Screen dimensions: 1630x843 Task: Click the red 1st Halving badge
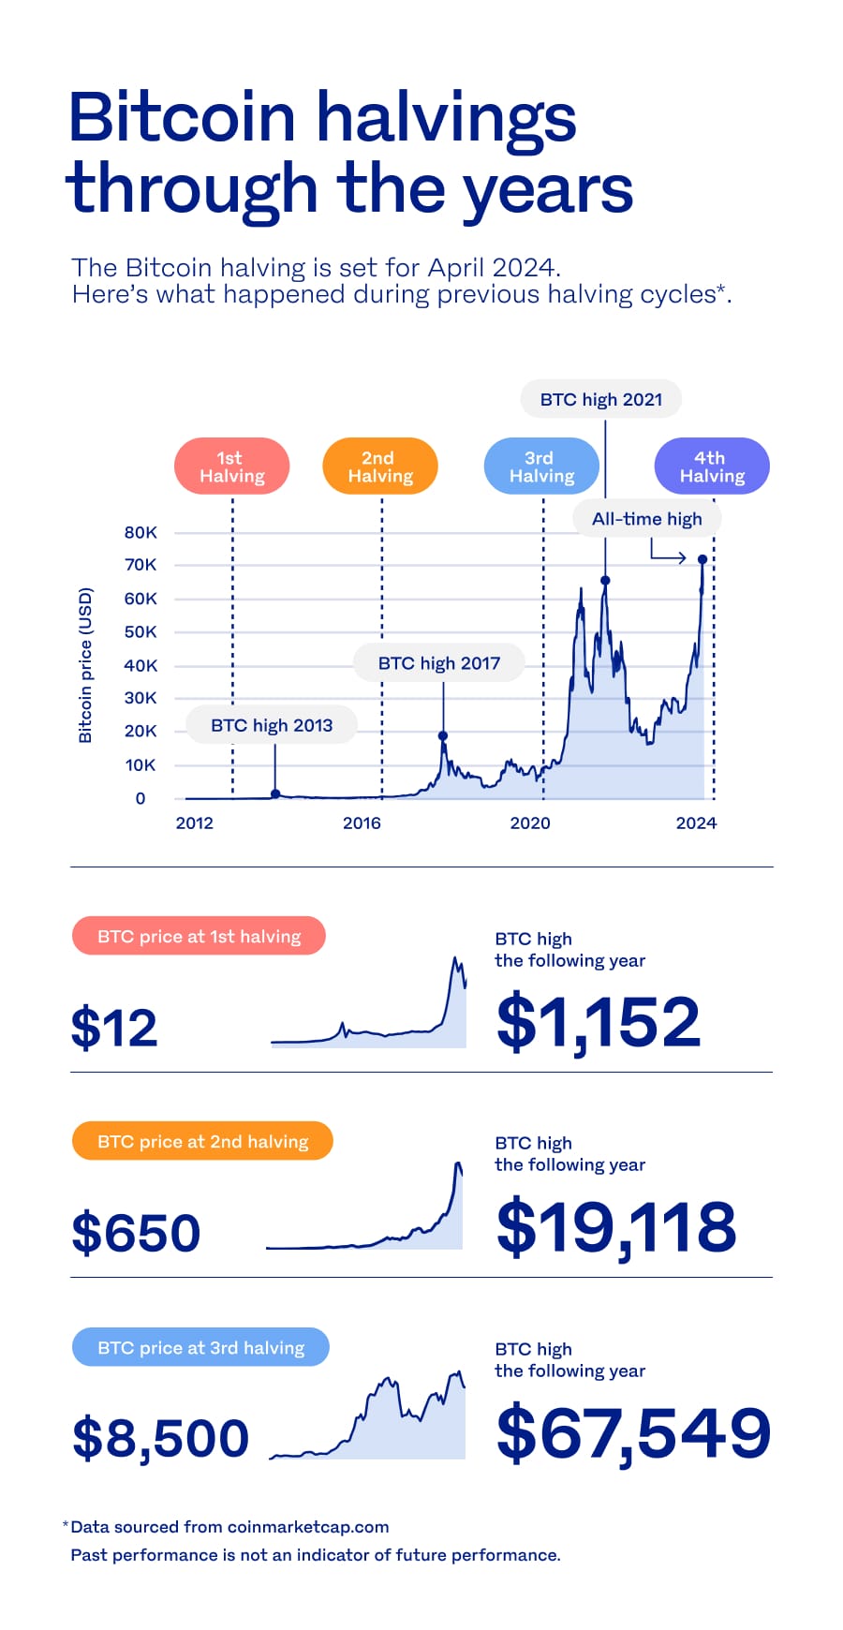point(231,467)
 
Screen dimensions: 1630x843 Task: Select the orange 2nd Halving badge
point(379,467)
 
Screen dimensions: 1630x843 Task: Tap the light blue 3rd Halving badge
point(540,467)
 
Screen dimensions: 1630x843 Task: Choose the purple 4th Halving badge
point(711,467)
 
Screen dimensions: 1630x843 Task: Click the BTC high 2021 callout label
point(600,399)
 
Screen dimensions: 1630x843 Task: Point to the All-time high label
point(646,519)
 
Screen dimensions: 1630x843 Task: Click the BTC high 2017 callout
point(438,663)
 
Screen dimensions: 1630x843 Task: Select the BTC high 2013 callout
point(272,725)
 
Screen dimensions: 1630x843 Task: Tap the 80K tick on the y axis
point(140,532)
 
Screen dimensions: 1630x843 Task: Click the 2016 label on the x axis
point(362,823)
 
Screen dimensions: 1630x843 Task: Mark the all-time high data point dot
point(702,559)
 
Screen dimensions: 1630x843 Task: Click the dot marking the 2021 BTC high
point(605,581)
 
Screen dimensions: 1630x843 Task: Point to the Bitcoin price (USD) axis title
point(85,665)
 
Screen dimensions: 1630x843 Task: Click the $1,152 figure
point(598,1022)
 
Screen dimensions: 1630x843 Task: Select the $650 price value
point(136,1232)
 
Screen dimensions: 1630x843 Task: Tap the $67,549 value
point(633,1433)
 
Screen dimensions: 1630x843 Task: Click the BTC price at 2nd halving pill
point(202,1141)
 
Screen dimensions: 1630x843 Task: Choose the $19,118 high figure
point(616,1227)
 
